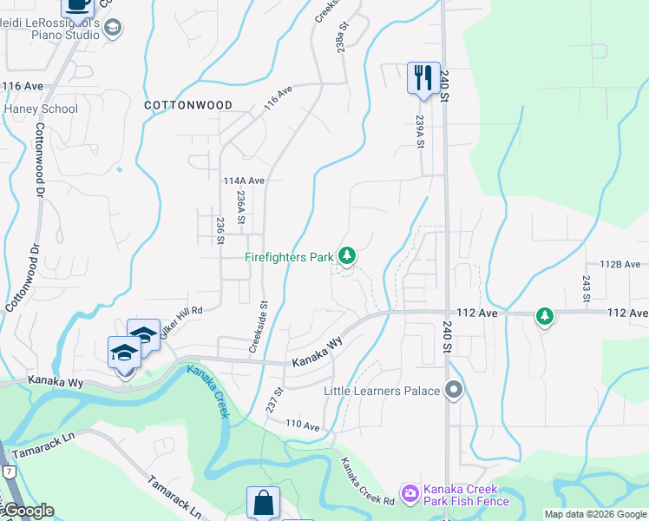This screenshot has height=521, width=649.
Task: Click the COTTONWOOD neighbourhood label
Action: pyautogui.click(x=187, y=105)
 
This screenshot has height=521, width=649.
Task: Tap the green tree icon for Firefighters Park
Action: pyautogui.click(x=347, y=255)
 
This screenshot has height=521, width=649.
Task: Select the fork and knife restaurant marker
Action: pyautogui.click(x=423, y=77)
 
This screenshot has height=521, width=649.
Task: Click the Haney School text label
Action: pyautogui.click(x=41, y=109)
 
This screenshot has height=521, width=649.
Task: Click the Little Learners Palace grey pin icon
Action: pyautogui.click(x=452, y=391)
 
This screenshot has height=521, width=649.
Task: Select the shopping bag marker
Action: pyautogui.click(x=264, y=503)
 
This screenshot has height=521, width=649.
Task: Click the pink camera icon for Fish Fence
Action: pyautogui.click(x=409, y=492)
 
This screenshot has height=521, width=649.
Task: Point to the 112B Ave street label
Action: pyautogui.click(x=619, y=265)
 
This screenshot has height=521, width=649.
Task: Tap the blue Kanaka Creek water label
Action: pyautogui.click(x=208, y=392)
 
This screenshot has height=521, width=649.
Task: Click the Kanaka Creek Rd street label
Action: pyautogui.click(x=367, y=482)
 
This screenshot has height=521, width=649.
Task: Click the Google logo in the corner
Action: pyautogui.click(x=28, y=511)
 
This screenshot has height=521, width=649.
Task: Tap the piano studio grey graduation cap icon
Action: pyautogui.click(x=112, y=29)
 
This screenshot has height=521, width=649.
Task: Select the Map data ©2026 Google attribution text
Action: pyautogui.click(x=595, y=514)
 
